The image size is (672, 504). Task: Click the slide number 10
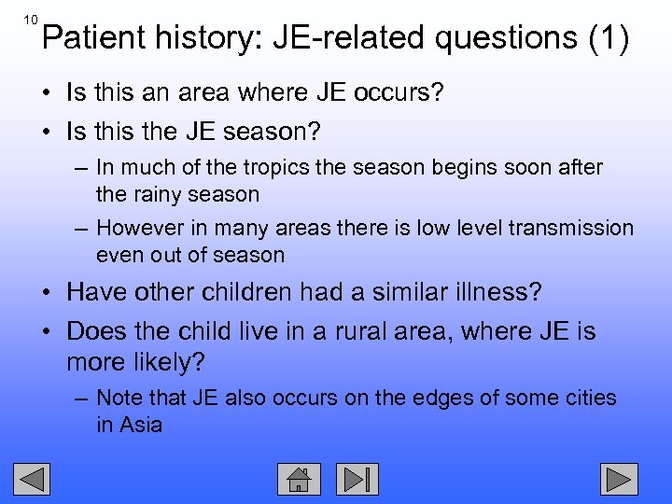coord(30,19)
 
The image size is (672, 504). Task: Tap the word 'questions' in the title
coord(491,38)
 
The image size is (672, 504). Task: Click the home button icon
coord(299,479)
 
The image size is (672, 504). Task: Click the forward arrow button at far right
coord(618,479)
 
